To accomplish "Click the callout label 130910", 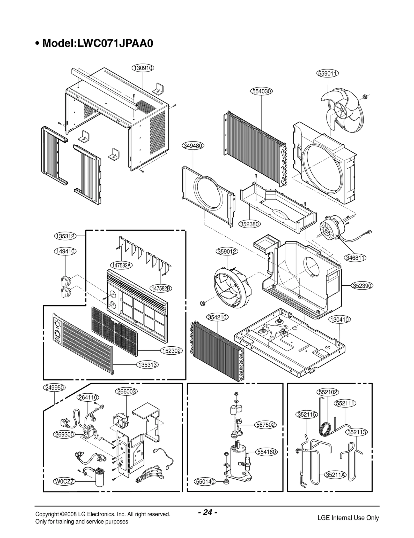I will tap(143, 68).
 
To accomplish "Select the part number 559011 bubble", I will tap(328, 73).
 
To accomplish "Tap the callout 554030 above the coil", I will tap(262, 91).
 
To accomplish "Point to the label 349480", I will tap(193, 146).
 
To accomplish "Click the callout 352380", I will tap(249, 224).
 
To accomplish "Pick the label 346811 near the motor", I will tap(356, 258).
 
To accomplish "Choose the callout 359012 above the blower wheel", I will tap(227, 251).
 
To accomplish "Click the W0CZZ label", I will tap(64, 481).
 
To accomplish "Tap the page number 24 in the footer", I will tap(207, 512).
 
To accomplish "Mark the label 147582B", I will tap(161, 288).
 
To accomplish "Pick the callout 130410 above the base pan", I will tap(340, 319).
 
